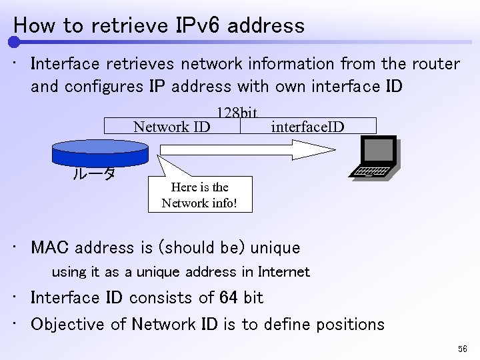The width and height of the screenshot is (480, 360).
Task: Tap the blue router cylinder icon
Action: pyautogui.click(x=100, y=151)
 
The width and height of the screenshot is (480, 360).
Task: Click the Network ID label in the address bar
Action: pyautogui.click(x=172, y=126)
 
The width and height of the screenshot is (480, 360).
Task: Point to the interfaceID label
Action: pyautogui.click(x=308, y=126)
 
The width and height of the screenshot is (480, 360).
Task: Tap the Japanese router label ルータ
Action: pyautogui.click(x=94, y=175)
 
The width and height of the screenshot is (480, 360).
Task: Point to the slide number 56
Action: pyautogui.click(x=463, y=349)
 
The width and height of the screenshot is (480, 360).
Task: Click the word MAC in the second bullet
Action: pyautogui.click(x=51, y=248)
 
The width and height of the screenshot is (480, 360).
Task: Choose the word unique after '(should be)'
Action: pyautogui.click(x=275, y=248)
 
